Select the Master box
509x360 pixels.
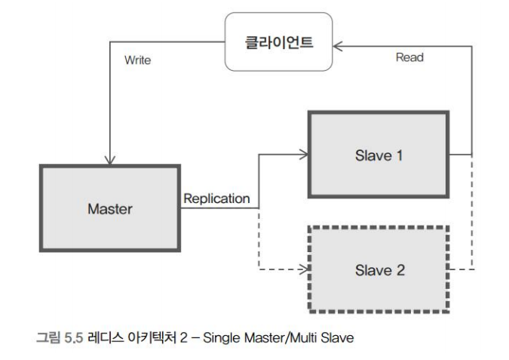[x=109, y=208]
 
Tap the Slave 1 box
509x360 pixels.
[x=378, y=155]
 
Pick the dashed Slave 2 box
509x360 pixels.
[x=378, y=269]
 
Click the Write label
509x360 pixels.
[x=138, y=60]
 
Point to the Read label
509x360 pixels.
[x=409, y=57]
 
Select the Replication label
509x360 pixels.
[x=217, y=199]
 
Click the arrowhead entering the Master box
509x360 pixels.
[x=110, y=160]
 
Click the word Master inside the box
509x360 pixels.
[x=109, y=209]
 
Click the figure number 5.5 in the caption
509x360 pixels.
[x=73, y=337]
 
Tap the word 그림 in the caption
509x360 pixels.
[x=48, y=337]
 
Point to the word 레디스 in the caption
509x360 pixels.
[x=103, y=337]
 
